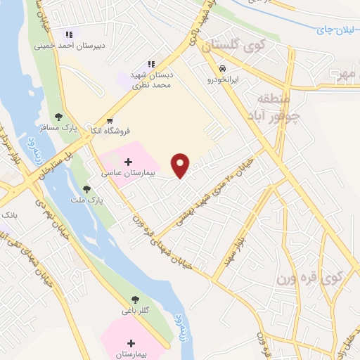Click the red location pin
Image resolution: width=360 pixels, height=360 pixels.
[x=181, y=165]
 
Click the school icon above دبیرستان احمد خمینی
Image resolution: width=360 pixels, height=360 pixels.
[x=69, y=34]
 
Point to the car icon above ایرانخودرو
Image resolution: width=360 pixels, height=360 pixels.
[x=222, y=69]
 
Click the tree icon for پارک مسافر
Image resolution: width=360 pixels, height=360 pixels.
[x=58, y=117]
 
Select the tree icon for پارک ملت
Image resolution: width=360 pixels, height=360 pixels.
[x=86, y=189]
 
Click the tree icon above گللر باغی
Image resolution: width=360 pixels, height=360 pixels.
[x=135, y=300]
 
